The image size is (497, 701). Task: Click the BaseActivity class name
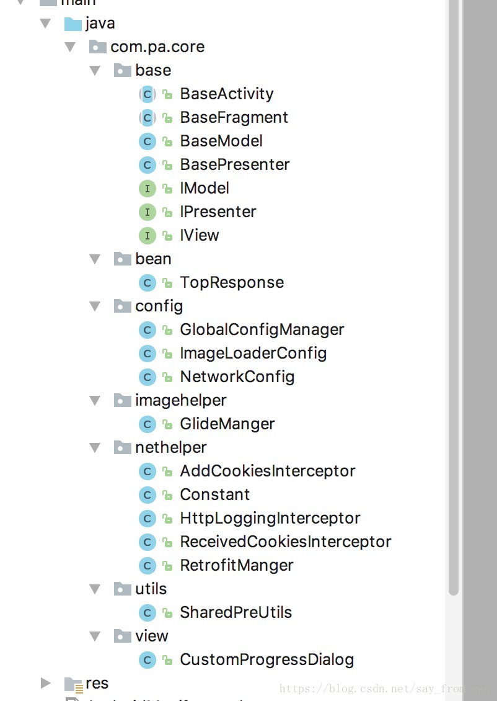(x=226, y=94)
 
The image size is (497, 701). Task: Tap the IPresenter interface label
(x=218, y=212)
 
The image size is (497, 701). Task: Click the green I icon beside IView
(x=147, y=235)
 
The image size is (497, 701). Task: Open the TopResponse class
(x=232, y=282)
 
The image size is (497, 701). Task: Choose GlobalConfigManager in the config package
(x=262, y=329)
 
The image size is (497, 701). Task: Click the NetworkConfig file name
(x=237, y=377)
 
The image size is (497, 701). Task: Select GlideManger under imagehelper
(x=227, y=424)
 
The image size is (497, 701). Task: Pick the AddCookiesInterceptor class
(x=267, y=471)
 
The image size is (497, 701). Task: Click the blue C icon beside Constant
(x=147, y=494)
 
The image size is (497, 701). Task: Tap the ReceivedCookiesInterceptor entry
(x=285, y=542)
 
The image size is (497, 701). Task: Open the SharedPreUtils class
(x=235, y=612)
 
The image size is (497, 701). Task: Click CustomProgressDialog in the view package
(x=266, y=659)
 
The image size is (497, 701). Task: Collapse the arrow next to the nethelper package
(x=95, y=447)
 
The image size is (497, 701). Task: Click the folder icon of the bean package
(x=123, y=259)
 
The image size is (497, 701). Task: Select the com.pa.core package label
(x=157, y=47)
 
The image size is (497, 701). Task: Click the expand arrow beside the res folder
(x=46, y=683)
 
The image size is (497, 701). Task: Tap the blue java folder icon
(x=73, y=24)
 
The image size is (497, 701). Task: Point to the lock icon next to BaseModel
(x=167, y=141)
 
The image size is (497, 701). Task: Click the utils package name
(x=151, y=589)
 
